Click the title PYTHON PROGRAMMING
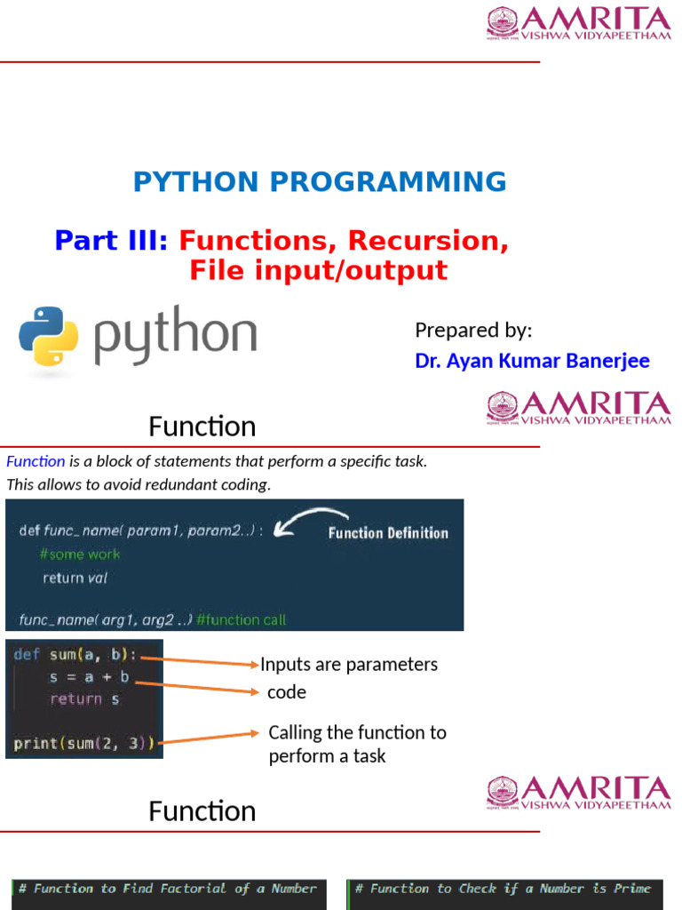[320, 182]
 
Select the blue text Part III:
[111, 241]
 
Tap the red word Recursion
[428, 241]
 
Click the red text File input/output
[318, 270]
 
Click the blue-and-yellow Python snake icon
[49, 337]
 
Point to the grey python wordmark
[175, 336]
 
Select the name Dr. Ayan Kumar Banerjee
[532, 361]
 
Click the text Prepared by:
[473, 331]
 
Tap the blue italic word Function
[36, 461]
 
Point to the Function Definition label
[388, 533]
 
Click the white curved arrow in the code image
[311, 521]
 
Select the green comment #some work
[80, 554]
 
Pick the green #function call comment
[241, 619]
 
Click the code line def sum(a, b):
[75, 655]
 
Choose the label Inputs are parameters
[349, 665]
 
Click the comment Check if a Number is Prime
[503, 889]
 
